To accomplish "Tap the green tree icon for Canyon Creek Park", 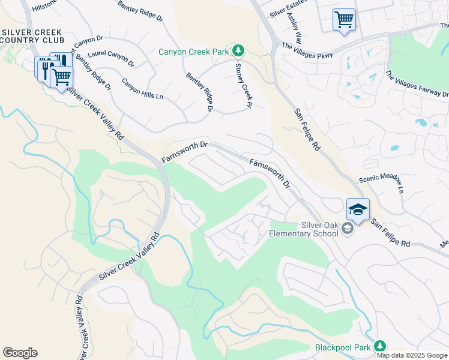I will [x=239, y=50].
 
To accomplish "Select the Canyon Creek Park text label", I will [x=194, y=52].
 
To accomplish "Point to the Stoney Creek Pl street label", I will [x=242, y=86].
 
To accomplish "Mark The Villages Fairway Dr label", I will [x=416, y=84].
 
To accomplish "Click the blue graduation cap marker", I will [x=358, y=209].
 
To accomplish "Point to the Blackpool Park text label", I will [x=343, y=347].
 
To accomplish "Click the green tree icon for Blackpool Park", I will [x=379, y=346].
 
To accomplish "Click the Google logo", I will [x=20, y=353].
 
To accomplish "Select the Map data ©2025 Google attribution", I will [x=412, y=355].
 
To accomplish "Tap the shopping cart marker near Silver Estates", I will [x=344, y=20].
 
